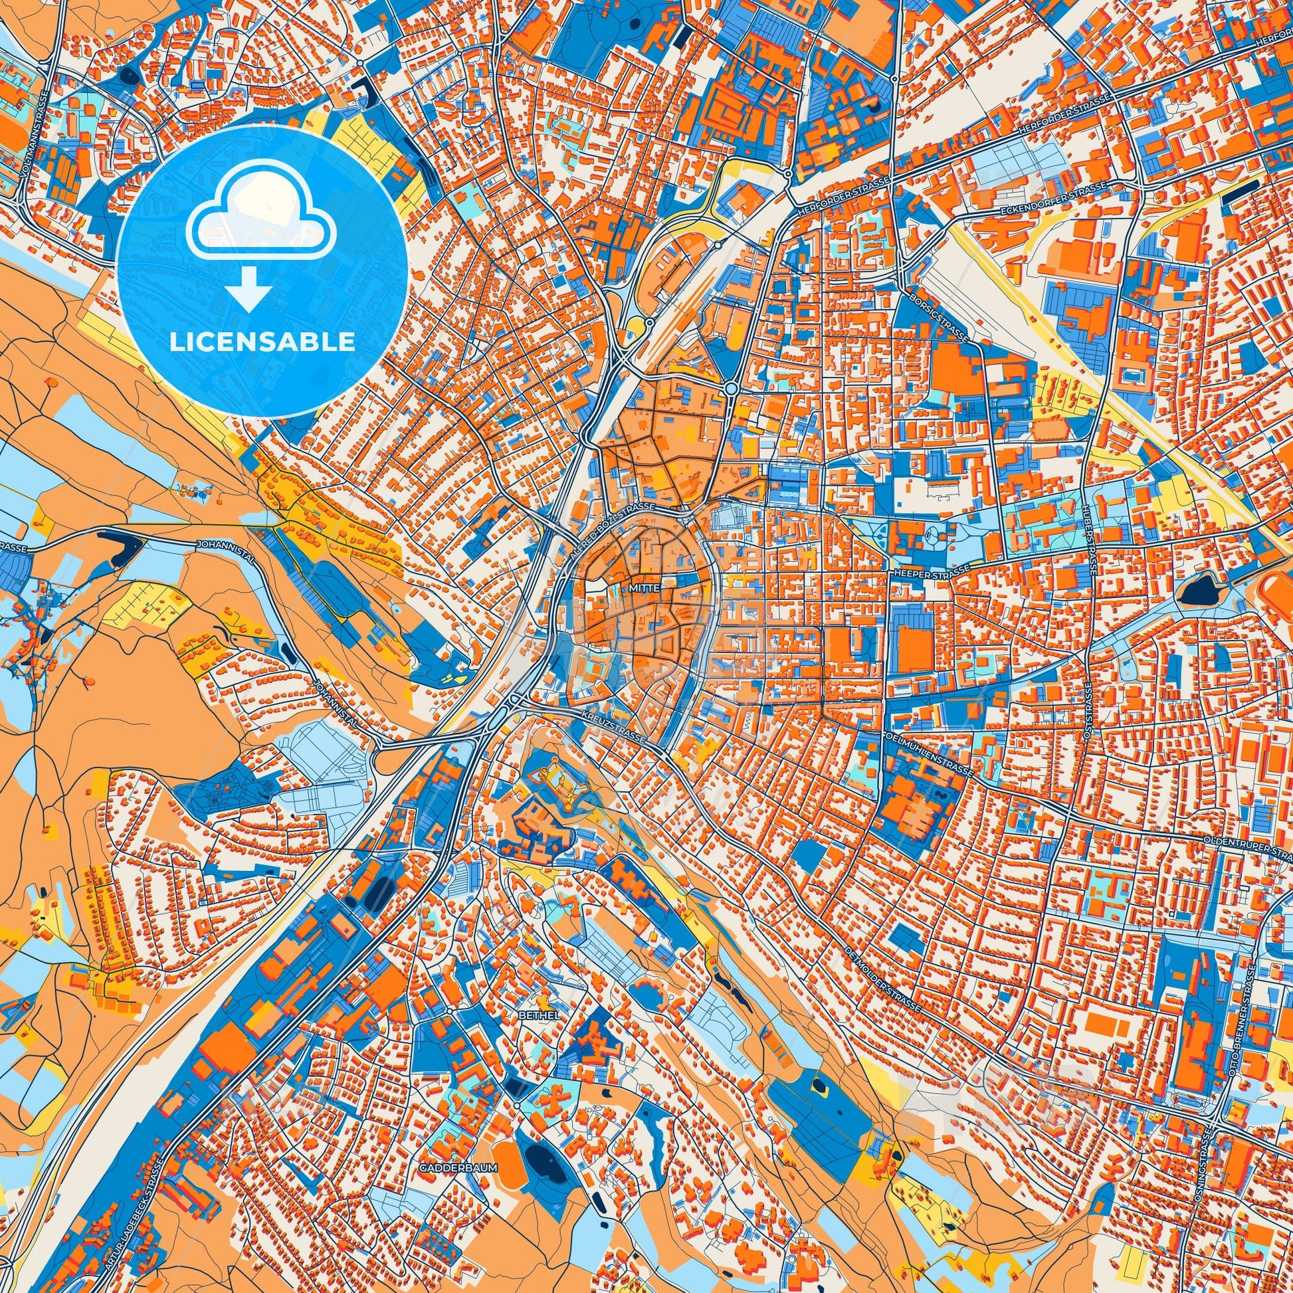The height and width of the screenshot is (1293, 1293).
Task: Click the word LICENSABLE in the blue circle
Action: tap(262, 342)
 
